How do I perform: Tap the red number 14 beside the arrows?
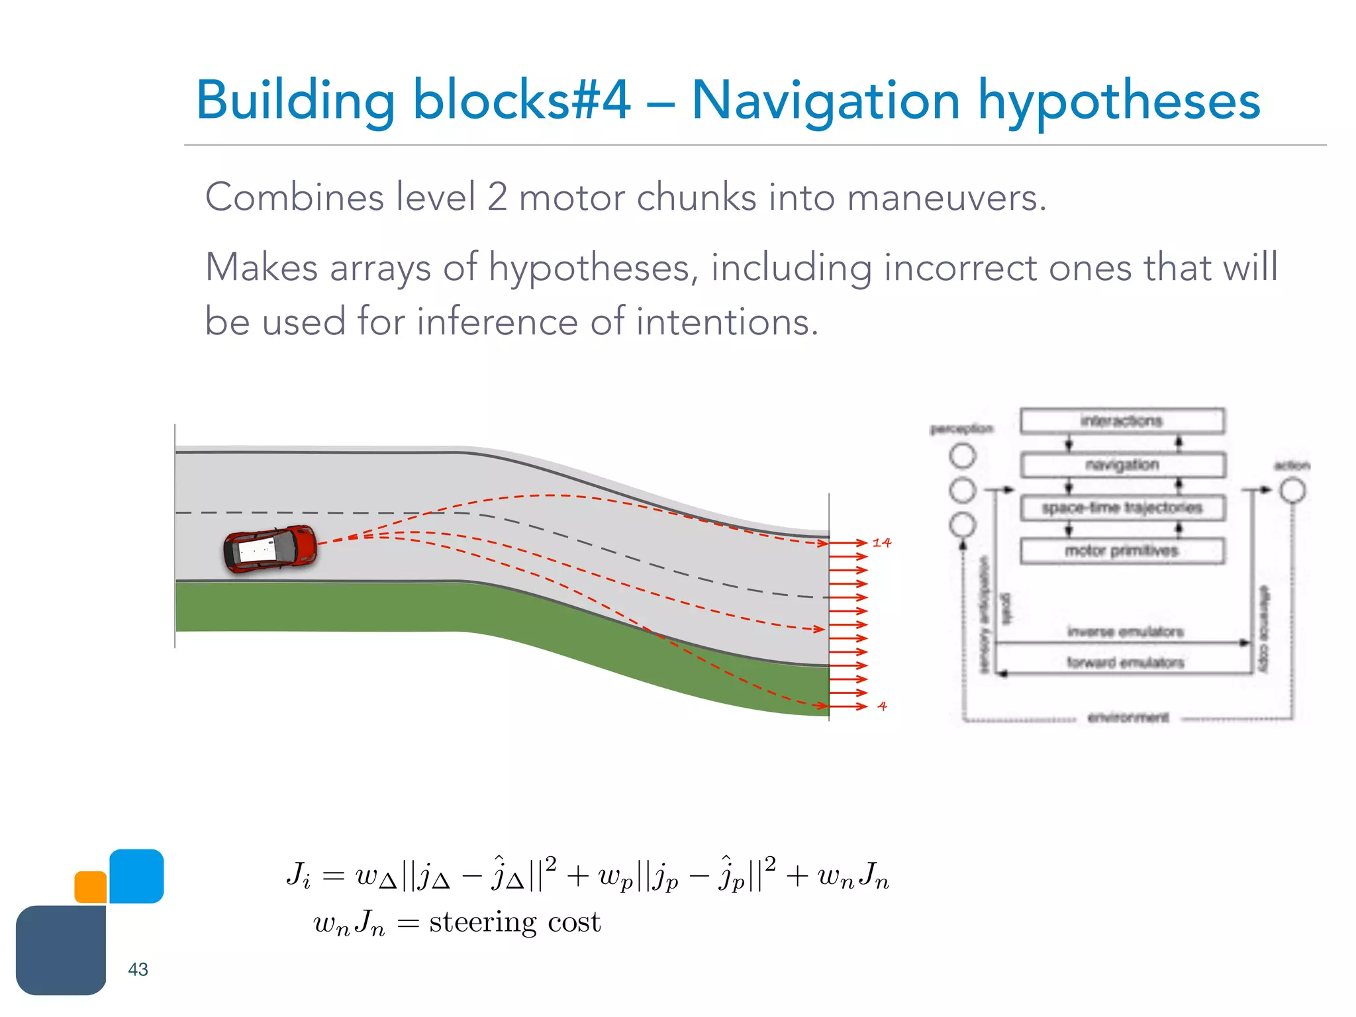881,543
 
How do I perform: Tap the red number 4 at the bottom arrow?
882,706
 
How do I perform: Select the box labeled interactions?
1122,421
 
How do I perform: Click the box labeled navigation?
1122,465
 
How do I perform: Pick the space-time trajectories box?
1122,508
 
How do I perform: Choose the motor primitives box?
1122,551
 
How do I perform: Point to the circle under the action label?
1292,491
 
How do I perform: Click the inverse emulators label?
1125,632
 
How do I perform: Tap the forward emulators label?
1125,662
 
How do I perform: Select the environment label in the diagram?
1128,718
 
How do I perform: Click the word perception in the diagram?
961,429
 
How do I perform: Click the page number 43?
138,969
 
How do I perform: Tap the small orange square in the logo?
91,887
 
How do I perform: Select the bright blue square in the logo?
136,876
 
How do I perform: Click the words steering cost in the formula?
514,922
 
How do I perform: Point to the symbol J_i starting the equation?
298,875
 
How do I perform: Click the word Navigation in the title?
825,101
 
